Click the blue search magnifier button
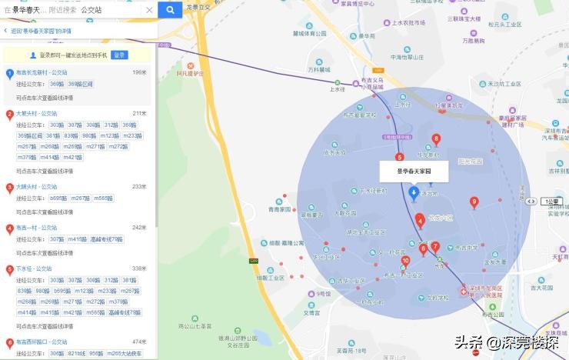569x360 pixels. [x=169, y=10]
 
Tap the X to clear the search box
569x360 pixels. [x=149, y=10]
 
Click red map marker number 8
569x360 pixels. [x=436, y=139]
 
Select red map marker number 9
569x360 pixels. [x=474, y=202]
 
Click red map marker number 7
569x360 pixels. [x=435, y=247]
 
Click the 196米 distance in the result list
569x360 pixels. [x=139, y=72]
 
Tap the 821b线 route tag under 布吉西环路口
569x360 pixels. [x=78, y=353]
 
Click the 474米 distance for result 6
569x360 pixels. [x=139, y=342]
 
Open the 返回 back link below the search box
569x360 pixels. [x=38, y=31]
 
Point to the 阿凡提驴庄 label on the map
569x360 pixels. [x=190, y=73]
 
